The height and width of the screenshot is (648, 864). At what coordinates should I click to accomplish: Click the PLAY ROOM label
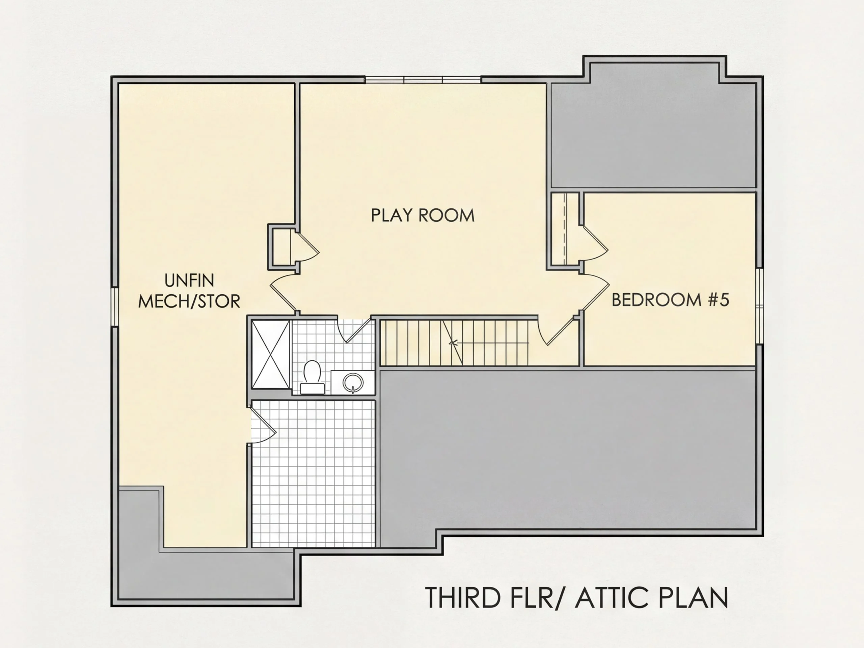[423, 215]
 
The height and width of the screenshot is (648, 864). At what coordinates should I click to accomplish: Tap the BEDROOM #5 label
[670, 300]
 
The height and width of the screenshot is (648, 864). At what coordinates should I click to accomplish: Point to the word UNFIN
[189, 280]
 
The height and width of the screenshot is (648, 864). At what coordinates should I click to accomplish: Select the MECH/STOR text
[189, 301]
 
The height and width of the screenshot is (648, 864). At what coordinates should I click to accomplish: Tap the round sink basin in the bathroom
[353, 383]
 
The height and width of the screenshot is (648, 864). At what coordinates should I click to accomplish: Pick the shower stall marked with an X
[270, 354]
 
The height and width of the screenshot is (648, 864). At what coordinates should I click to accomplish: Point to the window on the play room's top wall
[423, 80]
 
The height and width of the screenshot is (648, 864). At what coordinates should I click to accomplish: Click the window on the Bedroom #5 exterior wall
[759, 306]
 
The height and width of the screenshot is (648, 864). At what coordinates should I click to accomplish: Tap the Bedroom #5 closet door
[594, 243]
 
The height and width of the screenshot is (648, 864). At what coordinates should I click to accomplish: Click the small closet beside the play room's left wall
[282, 247]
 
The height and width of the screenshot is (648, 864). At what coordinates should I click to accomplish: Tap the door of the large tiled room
[263, 425]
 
